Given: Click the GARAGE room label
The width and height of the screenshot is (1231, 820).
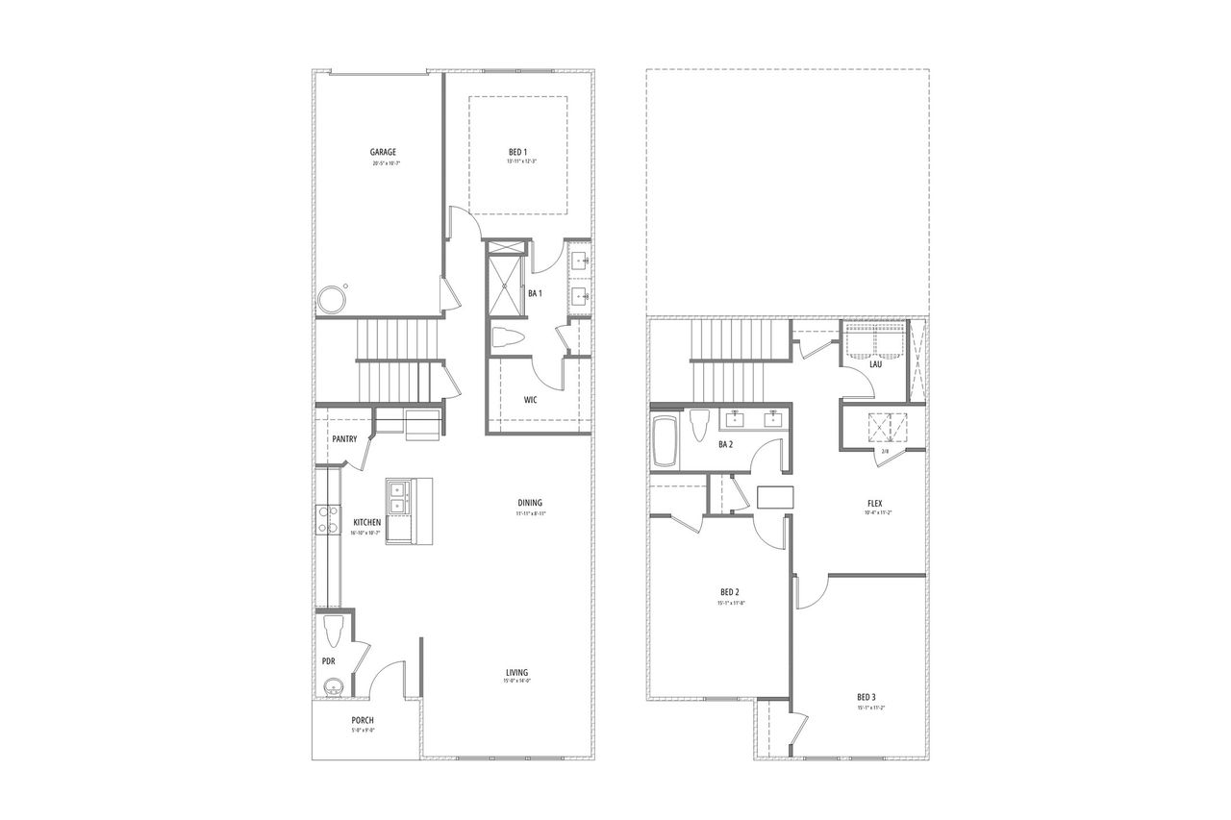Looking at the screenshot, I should click(384, 152).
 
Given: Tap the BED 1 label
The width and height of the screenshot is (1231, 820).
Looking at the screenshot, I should click(517, 152).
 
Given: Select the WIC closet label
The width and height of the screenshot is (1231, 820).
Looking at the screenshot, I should click(530, 399).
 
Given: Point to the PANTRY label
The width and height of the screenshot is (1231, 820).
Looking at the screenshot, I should click(344, 439).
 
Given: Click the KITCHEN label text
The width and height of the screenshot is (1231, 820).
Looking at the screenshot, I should click(366, 522).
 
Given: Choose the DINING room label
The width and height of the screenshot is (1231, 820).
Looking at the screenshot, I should click(530, 503).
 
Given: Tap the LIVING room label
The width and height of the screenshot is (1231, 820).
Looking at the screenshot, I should click(517, 672).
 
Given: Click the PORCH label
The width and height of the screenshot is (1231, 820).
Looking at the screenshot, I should click(363, 720).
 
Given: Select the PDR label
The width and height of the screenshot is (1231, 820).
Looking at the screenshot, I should click(327, 661).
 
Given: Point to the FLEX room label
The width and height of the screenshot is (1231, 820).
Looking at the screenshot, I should click(875, 502).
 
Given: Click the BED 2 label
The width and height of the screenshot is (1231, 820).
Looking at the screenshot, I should click(729, 591).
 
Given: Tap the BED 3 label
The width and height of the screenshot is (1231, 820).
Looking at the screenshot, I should click(867, 697).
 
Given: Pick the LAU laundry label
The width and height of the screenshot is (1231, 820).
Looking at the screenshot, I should click(875, 364).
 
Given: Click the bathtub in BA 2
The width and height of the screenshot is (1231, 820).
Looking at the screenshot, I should click(665, 441).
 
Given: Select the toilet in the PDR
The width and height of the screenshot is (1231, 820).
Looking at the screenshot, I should click(334, 631).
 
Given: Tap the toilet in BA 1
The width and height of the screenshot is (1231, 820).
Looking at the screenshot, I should click(507, 337).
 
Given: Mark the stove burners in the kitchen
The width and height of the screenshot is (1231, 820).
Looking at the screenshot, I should click(328, 518).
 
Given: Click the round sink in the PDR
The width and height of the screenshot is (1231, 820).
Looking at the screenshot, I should click(333, 686).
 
